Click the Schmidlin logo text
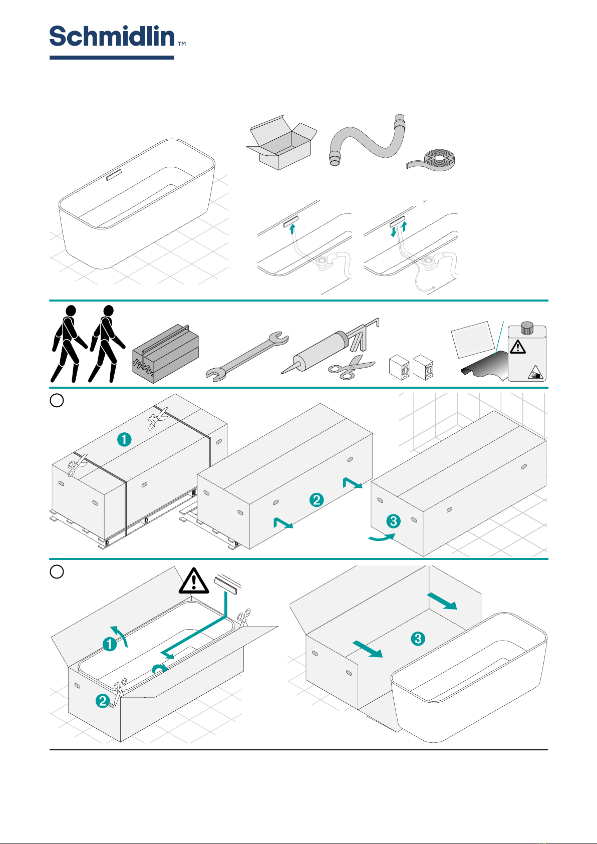[x=112, y=37]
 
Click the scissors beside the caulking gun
[x=351, y=368]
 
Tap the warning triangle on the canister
[x=517, y=346]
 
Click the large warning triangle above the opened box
[x=194, y=581]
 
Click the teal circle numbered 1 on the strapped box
[x=124, y=440]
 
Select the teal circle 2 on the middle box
[x=316, y=499]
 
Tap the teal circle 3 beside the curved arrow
[x=394, y=521]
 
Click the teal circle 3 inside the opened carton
[x=418, y=639]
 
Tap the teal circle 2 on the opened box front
[x=103, y=701]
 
